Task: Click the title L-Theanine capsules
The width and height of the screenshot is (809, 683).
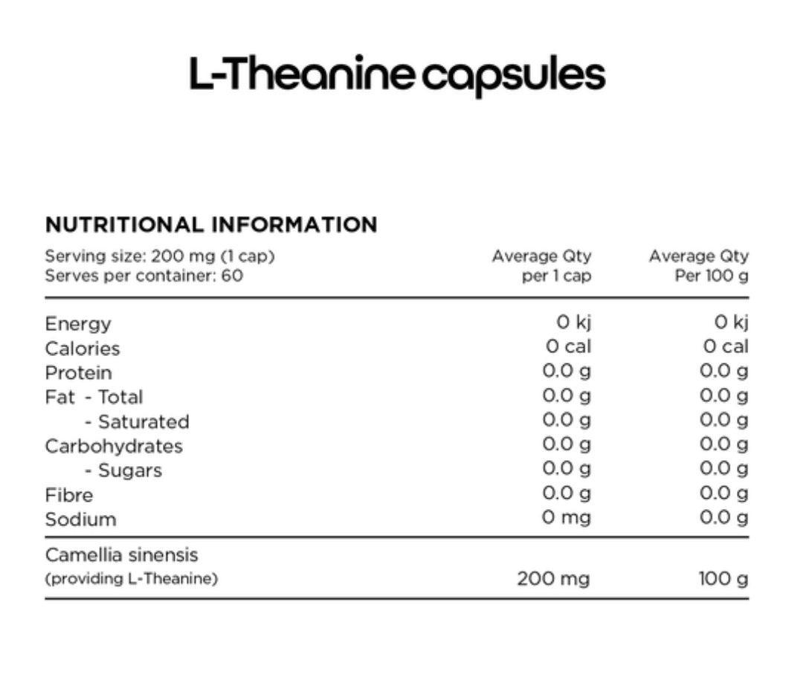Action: point(397,75)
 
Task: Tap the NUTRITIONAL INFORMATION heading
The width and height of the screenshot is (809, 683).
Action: point(211,224)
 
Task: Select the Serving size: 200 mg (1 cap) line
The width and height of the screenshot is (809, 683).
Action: point(160,256)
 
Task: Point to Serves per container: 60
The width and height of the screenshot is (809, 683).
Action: point(144,275)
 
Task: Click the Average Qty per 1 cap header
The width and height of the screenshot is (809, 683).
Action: point(541,265)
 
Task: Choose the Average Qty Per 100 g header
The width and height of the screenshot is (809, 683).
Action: point(698,265)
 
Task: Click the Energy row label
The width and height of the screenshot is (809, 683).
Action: point(78,324)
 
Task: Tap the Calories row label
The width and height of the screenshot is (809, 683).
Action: point(83,349)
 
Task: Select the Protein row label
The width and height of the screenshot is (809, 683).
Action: point(79,372)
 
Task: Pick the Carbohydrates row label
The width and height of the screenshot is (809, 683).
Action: point(114,446)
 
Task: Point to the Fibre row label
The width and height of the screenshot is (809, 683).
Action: point(69,495)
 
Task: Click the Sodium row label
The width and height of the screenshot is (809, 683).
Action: point(81,519)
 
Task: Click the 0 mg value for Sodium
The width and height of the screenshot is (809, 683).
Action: point(566,517)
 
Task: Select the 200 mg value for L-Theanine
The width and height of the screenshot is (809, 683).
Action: point(553,578)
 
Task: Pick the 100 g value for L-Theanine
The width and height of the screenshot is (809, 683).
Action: point(723,578)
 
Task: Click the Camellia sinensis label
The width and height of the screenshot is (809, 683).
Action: point(122,555)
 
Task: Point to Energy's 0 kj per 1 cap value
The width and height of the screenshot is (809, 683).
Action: point(573,322)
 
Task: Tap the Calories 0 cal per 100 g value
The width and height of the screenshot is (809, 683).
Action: point(726,346)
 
